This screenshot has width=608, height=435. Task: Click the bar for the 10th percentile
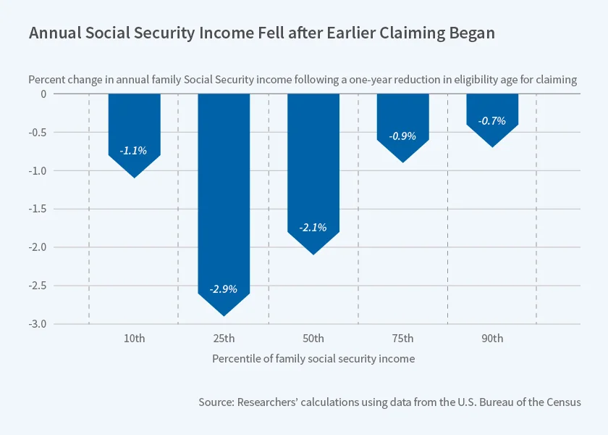tap(134, 123)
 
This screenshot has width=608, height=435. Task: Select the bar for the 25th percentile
tap(224, 196)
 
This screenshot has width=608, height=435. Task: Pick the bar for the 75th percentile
tap(402, 116)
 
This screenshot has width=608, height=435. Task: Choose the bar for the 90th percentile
tap(492, 109)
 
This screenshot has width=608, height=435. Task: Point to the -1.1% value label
tap(134, 151)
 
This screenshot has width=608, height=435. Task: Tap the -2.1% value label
tap(313, 228)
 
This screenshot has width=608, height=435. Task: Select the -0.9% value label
tap(402, 136)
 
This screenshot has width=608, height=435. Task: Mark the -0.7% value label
tap(492, 121)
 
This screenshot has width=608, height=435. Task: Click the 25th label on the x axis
tap(224, 339)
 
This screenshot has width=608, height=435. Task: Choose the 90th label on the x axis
tap(492, 339)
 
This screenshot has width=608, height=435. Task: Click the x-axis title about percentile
tap(313, 359)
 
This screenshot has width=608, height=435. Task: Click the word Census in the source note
tap(562, 402)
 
